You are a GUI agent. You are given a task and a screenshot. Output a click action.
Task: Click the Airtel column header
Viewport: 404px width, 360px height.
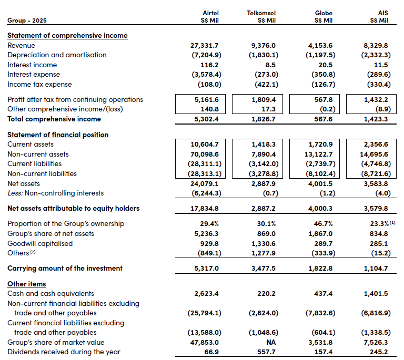[210, 13]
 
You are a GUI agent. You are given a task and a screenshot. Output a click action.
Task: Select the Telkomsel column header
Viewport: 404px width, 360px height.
[261, 13]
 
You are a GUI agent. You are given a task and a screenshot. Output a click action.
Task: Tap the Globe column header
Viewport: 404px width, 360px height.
[324, 13]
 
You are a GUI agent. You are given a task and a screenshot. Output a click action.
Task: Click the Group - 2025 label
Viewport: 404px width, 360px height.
[26, 21]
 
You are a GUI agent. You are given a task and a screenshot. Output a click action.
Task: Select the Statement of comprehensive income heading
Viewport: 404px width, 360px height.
[67, 36]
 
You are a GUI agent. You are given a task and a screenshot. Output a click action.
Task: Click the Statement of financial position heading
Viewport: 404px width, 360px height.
[58, 135]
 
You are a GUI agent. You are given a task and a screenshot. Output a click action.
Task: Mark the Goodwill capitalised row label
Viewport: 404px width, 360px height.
[40, 243]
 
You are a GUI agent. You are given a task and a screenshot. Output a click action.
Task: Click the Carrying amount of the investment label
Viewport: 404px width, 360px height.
[65, 268]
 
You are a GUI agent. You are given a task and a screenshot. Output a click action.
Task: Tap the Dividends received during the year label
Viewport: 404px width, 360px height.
[64, 352]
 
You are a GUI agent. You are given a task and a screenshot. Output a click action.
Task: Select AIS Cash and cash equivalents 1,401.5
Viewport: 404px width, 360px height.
[377, 294]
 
